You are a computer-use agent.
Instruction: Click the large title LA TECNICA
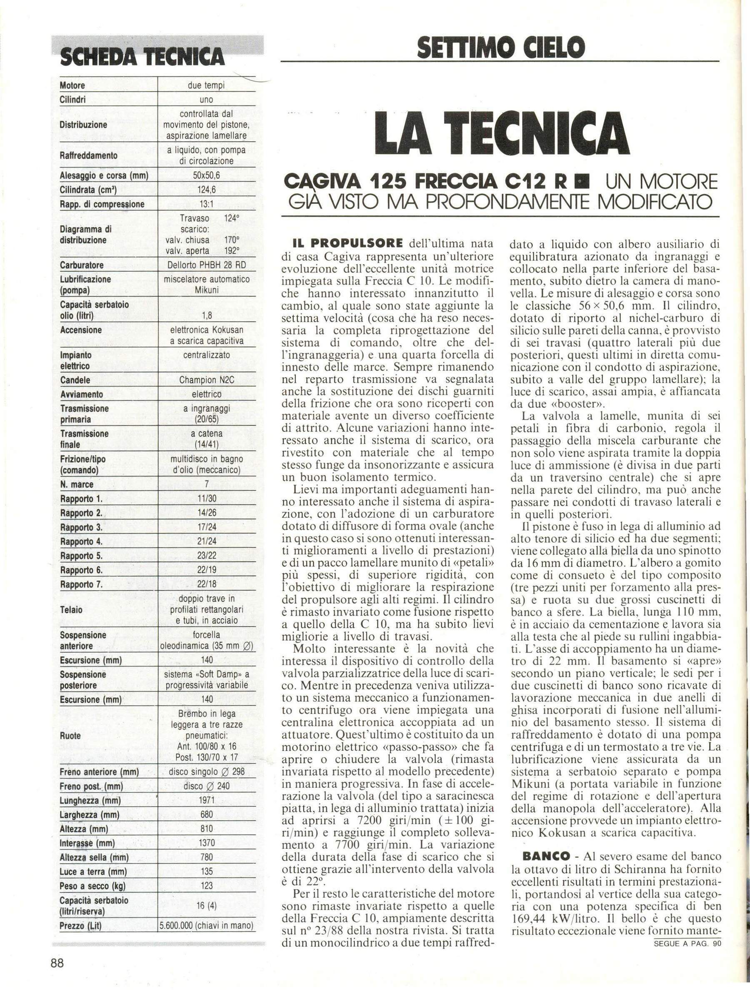click(x=500, y=133)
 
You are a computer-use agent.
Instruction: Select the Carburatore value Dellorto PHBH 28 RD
click(x=206, y=265)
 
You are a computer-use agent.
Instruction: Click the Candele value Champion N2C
click(x=206, y=381)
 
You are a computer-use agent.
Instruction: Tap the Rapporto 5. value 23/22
click(x=206, y=556)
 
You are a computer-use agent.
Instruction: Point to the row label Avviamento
click(x=81, y=395)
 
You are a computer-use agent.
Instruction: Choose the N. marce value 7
click(x=206, y=485)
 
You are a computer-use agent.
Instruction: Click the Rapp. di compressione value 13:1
click(x=206, y=204)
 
